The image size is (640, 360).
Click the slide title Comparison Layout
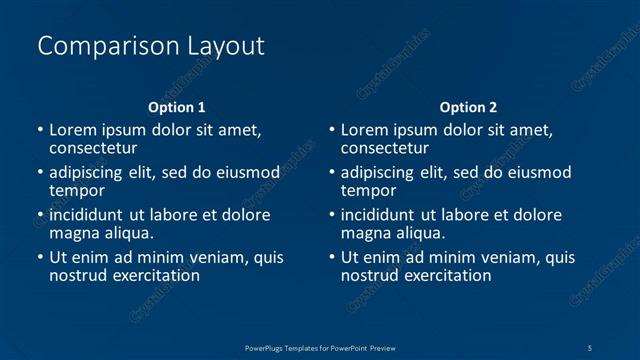(150, 46)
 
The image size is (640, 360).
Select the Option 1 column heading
(177, 107)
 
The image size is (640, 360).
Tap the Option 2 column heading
(468, 107)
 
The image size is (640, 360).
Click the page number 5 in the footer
(590, 346)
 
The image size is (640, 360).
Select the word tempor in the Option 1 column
(77, 190)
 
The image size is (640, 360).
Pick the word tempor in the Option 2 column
(369, 190)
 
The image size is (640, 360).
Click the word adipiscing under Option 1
(86, 172)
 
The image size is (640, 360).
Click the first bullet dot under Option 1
(40, 130)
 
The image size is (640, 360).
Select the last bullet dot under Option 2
(332, 258)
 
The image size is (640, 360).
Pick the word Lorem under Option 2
(364, 129)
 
